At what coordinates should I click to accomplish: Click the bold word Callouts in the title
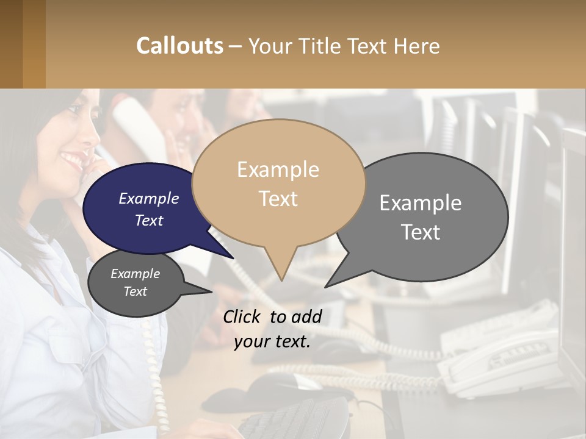[179, 46]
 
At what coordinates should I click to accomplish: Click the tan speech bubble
[279, 183]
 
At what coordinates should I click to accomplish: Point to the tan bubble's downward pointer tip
[281, 280]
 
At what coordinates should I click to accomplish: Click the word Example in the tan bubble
[278, 170]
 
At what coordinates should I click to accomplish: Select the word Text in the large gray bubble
[421, 232]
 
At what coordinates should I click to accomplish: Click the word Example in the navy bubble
[149, 198]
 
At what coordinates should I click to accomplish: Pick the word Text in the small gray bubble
[135, 291]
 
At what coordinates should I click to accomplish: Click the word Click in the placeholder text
[242, 316]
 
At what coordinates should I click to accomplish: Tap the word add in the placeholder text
[306, 316]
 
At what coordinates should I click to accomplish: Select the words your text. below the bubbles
[272, 342]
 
